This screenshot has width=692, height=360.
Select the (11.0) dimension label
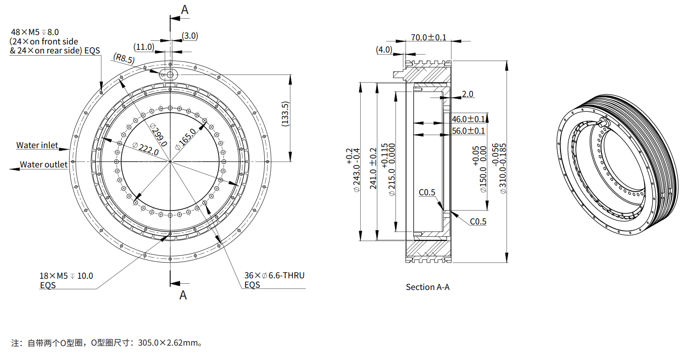[x=144, y=47]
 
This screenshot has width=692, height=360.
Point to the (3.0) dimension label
[x=190, y=36]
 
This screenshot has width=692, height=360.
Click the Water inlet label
[x=37, y=145]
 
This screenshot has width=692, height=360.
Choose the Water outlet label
[x=44, y=165]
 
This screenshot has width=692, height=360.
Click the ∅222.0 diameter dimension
[x=146, y=148]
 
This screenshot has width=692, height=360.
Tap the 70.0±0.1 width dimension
[x=429, y=37]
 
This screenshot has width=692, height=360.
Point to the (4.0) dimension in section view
[x=384, y=49]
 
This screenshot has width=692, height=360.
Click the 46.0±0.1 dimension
[x=469, y=119]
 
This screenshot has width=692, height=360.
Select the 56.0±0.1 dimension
[x=469, y=131]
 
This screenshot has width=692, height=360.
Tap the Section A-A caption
[x=427, y=287]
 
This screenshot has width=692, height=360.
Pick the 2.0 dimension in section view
[x=467, y=94]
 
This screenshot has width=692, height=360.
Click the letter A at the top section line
[x=184, y=10]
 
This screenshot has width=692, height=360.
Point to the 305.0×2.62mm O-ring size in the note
[x=168, y=343]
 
